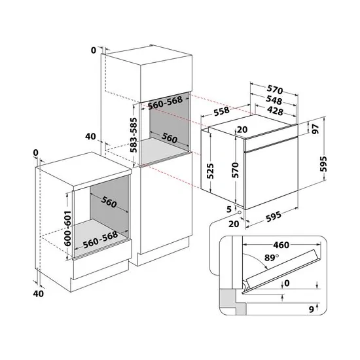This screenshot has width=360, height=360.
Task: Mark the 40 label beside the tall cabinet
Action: (x=91, y=136)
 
